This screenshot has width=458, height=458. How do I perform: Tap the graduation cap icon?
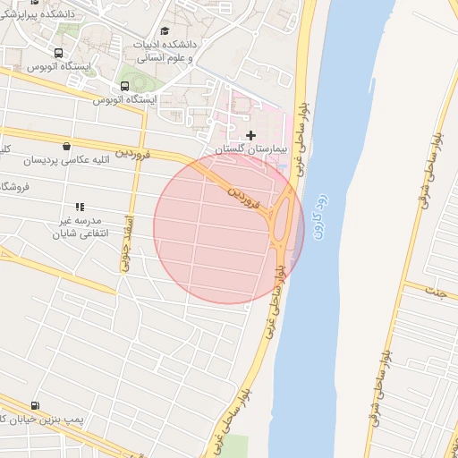[x=165, y=31]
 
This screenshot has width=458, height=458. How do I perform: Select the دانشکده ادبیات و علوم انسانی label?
[x=163, y=49]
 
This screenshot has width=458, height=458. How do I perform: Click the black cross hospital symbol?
[x=250, y=135]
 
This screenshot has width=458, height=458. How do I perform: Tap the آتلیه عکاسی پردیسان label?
[x=66, y=160]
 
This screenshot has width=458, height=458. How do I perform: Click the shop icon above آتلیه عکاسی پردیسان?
[x=66, y=146]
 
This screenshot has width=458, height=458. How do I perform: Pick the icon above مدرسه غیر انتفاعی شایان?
[x=80, y=207]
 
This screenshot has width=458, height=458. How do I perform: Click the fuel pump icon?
[x=35, y=405]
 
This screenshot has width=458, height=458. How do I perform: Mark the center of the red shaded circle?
[x=229, y=228]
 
